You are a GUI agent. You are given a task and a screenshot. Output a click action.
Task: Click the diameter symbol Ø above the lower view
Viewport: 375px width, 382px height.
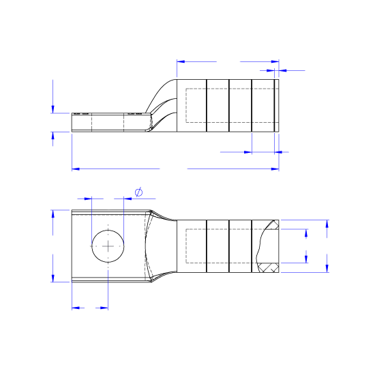(138, 192)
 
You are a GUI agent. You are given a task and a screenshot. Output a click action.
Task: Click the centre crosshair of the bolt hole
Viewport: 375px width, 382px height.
(108, 246)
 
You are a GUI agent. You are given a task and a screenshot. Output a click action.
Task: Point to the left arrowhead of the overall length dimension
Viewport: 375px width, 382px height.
(76, 168)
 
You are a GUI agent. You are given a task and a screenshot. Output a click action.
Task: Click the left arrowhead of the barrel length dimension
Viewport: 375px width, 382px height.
(181, 61)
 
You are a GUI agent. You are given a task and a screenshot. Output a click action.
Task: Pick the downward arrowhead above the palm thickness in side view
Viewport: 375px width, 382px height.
(53, 108)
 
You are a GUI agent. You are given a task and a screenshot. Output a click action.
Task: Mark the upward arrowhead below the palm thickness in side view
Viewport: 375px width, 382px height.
(53, 136)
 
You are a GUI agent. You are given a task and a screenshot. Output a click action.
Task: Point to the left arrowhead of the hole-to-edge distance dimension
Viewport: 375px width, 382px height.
(76, 308)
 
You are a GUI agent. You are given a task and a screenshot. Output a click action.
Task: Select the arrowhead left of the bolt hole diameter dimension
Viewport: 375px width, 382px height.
(88, 198)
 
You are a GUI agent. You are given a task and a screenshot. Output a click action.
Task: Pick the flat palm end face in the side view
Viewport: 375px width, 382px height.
(72, 122)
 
